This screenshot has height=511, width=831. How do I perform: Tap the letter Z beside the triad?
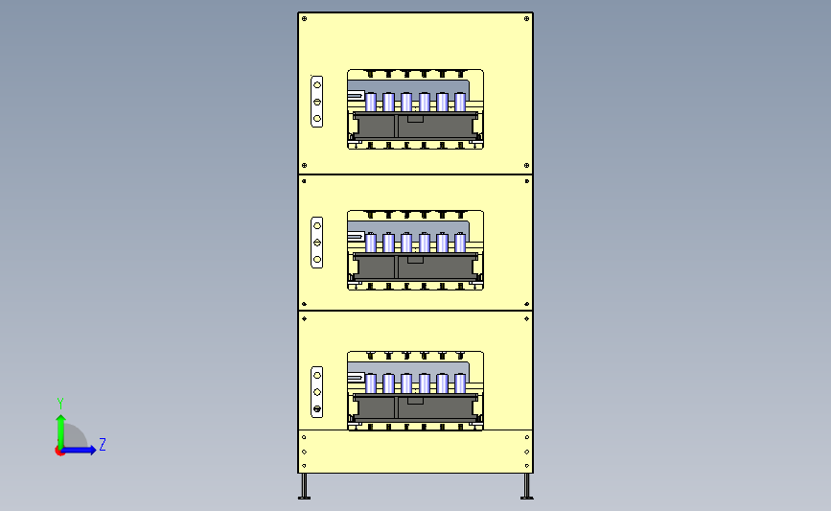pyautogui.click(x=102, y=444)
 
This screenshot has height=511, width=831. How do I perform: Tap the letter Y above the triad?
pyautogui.click(x=59, y=403)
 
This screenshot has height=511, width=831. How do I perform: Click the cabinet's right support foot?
pyautogui.click(x=525, y=487)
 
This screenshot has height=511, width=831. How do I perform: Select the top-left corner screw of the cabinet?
pyautogui.click(x=304, y=18)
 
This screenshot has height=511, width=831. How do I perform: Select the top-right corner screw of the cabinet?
pyautogui.click(x=527, y=18)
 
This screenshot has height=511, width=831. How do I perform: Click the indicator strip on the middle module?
pyautogui.click(x=317, y=243)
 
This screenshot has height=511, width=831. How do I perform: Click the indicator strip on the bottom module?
pyautogui.click(x=317, y=392)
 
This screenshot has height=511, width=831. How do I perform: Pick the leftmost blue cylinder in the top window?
pyautogui.click(x=371, y=102)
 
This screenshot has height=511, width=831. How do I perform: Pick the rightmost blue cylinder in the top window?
pyautogui.click(x=460, y=102)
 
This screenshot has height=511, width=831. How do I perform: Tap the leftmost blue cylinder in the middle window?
pyautogui.click(x=371, y=243)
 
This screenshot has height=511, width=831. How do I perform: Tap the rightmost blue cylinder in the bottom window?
pyautogui.click(x=460, y=383)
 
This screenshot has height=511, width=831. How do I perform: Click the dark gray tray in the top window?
pyautogui.click(x=414, y=127)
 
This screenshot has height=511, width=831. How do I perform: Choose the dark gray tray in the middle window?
pyautogui.click(x=414, y=267)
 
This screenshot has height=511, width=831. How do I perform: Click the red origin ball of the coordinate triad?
pyautogui.click(x=60, y=451)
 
